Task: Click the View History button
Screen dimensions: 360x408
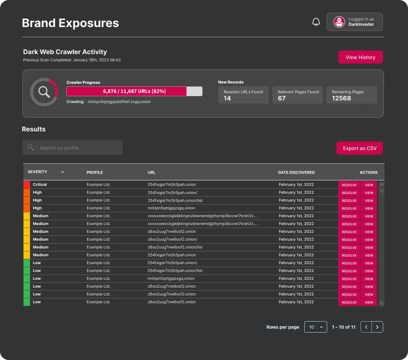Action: (x=360, y=57)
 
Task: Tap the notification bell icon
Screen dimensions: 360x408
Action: (x=316, y=22)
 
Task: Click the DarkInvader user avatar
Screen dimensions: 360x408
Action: (x=339, y=22)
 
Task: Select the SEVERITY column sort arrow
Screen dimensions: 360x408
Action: (x=63, y=172)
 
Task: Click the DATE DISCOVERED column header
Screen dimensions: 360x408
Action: (x=296, y=172)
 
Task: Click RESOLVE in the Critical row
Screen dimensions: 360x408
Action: (x=349, y=185)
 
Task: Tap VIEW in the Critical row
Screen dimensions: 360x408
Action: (x=369, y=185)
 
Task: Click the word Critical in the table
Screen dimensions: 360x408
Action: (x=40, y=185)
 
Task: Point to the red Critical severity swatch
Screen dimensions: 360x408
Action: (x=27, y=185)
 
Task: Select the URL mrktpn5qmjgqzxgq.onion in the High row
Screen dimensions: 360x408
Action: (x=171, y=208)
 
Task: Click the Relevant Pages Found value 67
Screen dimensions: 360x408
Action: (x=282, y=98)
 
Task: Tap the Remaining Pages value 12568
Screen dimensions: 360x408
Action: (x=341, y=98)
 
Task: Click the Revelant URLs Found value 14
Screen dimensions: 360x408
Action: (x=227, y=98)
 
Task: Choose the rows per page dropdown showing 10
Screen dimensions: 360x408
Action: (x=315, y=327)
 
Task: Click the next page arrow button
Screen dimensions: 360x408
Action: (x=377, y=327)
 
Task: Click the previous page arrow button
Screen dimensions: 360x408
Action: (x=366, y=327)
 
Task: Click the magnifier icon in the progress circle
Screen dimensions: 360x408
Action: (x=44, y=92)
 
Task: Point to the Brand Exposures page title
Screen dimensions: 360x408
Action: (x=70, y=23)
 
